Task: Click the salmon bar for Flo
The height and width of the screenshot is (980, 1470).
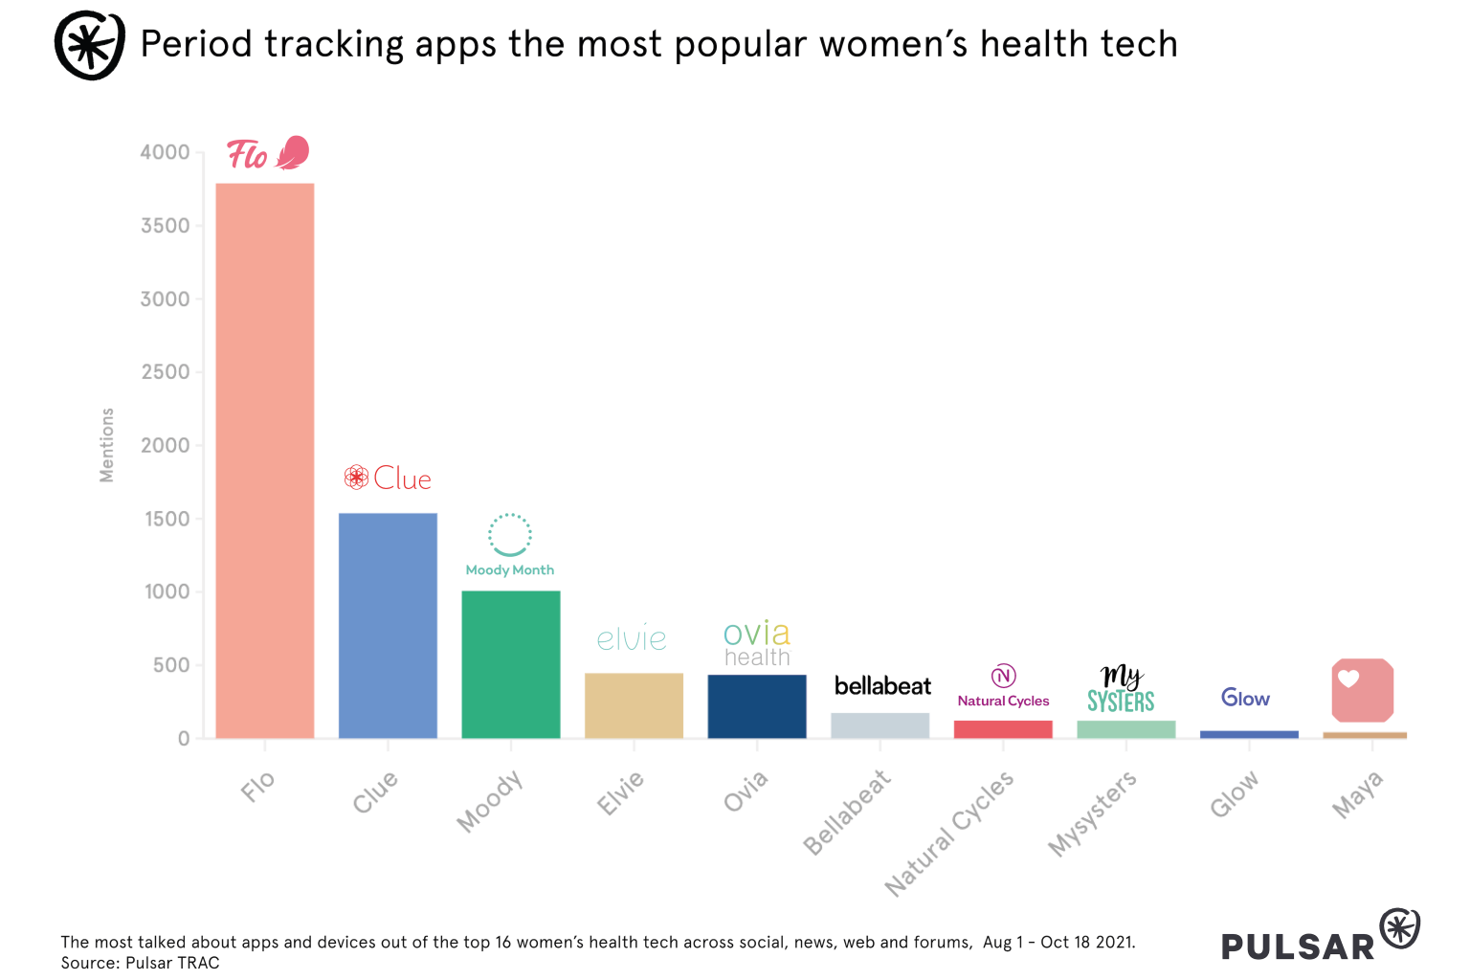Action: (x=265, y=459)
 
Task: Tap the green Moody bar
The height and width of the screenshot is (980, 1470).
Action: (x=511, y=664)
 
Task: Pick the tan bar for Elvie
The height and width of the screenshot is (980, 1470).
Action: (x=634, y=705)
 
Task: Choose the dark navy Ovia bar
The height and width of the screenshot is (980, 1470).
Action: (x=757, y=706)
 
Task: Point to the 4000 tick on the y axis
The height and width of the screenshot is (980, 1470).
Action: (x=165, y=152)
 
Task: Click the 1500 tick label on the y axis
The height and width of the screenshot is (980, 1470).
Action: (x=167, y=519)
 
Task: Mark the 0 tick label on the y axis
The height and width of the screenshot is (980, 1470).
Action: (x=183, y=739)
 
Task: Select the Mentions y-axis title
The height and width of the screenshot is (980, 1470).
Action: (x=107, y=445)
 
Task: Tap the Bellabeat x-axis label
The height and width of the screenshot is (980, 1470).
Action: (x=847, y=812)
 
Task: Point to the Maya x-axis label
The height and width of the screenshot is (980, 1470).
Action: (x=1358, y=795)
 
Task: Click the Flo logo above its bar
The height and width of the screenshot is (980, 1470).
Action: (x=268, y=153)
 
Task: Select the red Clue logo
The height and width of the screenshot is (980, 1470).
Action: (x=389, y=478)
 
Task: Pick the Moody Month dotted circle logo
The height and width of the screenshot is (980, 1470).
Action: (x=509, y=535)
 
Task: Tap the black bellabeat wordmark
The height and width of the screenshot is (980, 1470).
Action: (x=882, y=686)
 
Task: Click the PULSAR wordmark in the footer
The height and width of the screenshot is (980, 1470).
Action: (x=1298, y=947)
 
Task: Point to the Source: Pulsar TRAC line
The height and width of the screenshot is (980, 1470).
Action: (x=141, y=963)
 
